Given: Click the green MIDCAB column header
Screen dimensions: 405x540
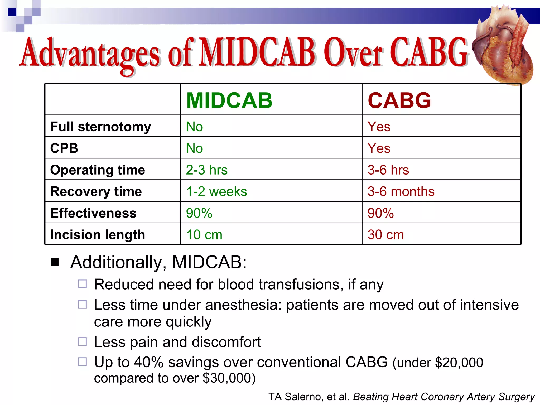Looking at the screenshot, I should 229,100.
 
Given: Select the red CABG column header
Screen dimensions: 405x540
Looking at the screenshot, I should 399,100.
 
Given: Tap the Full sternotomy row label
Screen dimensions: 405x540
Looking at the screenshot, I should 100,127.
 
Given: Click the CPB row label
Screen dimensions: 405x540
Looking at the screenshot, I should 64,148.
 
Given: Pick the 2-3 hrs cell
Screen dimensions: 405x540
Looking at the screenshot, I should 206,170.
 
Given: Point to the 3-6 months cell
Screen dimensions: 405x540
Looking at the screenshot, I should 401,191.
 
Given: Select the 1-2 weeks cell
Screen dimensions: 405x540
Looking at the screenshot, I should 216,191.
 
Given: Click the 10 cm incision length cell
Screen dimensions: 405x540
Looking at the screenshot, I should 204,235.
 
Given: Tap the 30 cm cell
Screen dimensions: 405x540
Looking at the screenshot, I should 385,235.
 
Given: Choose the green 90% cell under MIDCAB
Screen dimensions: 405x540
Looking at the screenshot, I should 199,213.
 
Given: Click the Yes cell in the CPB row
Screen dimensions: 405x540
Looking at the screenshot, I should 379,148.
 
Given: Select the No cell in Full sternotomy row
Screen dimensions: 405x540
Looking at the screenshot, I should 194,127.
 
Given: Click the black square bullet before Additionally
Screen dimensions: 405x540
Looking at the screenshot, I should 55,262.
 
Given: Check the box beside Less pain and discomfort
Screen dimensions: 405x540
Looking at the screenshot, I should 82,342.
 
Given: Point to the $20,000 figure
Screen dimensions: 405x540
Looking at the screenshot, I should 459,363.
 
